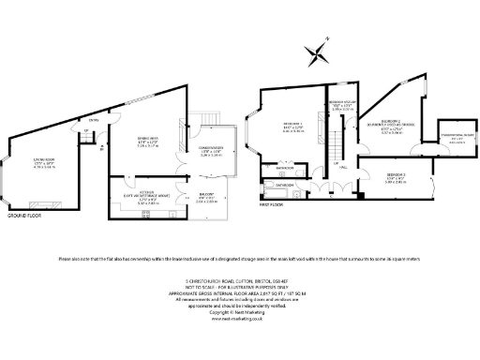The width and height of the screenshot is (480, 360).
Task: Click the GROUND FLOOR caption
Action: click(x=23, y=216)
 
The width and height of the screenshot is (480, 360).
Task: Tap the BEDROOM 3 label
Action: click(x=396, y=175)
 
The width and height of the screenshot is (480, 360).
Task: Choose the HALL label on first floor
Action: click(x=343, y=167)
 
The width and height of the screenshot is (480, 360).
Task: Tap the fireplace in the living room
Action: click(x=43, y=203)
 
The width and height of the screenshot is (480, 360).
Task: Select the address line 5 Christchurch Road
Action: click(x=239, y=281)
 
